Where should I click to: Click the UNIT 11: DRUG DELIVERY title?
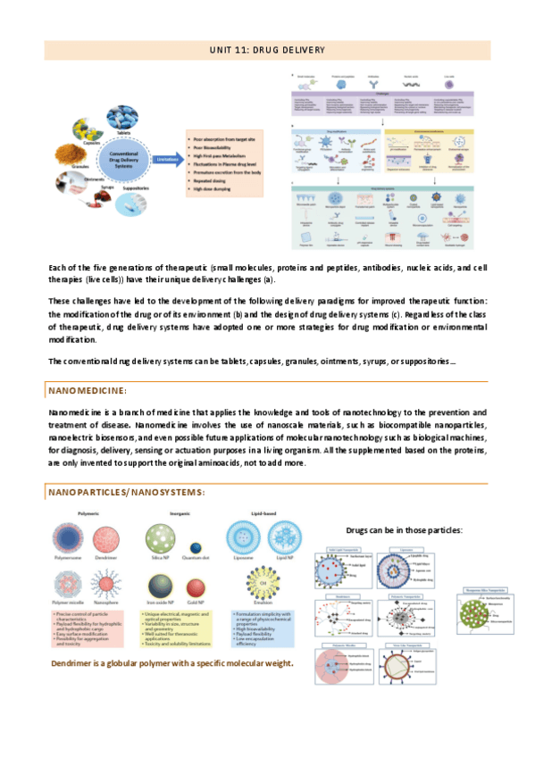(267, 49)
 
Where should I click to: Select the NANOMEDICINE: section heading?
(88, 391)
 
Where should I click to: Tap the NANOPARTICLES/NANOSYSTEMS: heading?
(126, 492)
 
